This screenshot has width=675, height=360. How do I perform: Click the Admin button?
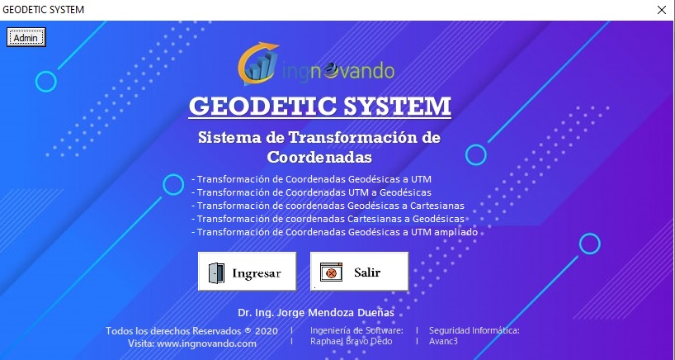click(x=26, y=37)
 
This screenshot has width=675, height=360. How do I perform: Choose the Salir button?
click(x=359, y=272)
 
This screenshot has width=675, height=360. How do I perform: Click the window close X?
click(x=662, y=10)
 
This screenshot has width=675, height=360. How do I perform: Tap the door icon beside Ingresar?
click(x=216, y=272)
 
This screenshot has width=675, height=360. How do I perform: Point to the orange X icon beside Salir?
click(x=331, y=272)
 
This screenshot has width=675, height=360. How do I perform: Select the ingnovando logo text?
click(x=338, y=70)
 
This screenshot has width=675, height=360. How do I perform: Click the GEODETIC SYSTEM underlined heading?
click(x=320, y=106)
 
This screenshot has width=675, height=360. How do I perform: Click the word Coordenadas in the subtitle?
click(x=319, y=157)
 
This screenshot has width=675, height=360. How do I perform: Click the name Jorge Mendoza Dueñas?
click(x=335, y=313)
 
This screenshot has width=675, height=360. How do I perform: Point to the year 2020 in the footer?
click(x=267, y=331)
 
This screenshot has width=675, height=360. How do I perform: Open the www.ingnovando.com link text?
click(x=206, y=343)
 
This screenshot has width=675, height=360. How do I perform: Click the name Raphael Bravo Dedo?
click(x=352, y=341)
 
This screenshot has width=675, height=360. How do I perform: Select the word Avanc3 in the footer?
click(x=443, y=341)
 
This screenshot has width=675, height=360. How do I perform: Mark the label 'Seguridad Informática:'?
click(x=474, y=331)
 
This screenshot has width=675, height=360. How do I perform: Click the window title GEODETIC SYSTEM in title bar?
click(x=44, y=9)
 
